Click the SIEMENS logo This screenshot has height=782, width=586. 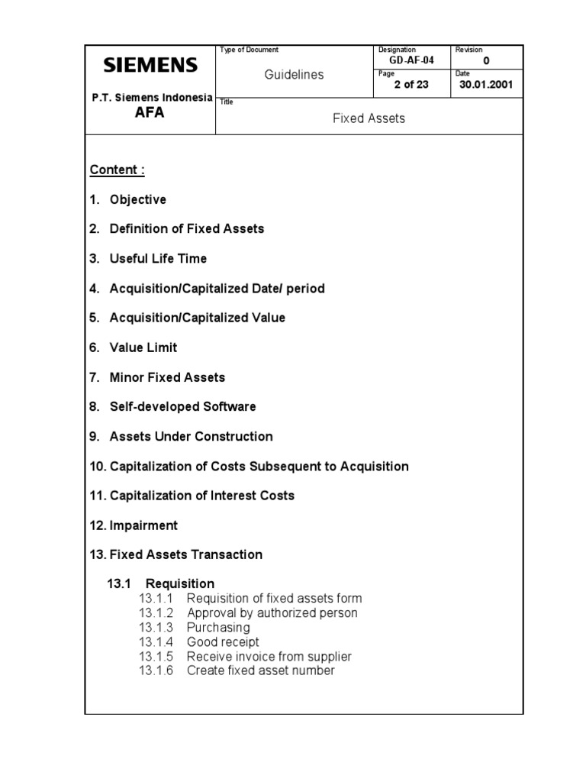(x=150, y=65)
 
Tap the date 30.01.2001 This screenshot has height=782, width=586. (x=486, y=85)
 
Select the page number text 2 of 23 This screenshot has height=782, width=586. (x=411, y=85)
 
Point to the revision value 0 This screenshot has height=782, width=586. (x=486, y=60)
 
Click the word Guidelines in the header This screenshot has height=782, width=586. (x=294, y=74)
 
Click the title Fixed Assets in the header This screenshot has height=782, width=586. (x=369, y=118)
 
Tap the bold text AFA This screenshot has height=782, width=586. (x=150, y=113)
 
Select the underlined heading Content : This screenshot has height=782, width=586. (x=117, y=170)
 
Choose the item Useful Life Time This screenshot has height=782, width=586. (x=158, y=259)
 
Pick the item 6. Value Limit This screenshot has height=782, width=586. (x=133, y=347)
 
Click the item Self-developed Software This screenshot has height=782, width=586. (x=182, y=407)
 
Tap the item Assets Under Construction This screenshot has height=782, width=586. (x=191, y=437)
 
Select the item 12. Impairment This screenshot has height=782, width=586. (x=134, y=525)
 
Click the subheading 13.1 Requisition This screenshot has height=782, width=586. (x=160, y=583)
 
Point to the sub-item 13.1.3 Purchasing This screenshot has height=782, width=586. (x=195, y=628)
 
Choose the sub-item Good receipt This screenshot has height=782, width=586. (x=222, y=642)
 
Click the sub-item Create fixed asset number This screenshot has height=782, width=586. (x=260, y=671)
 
